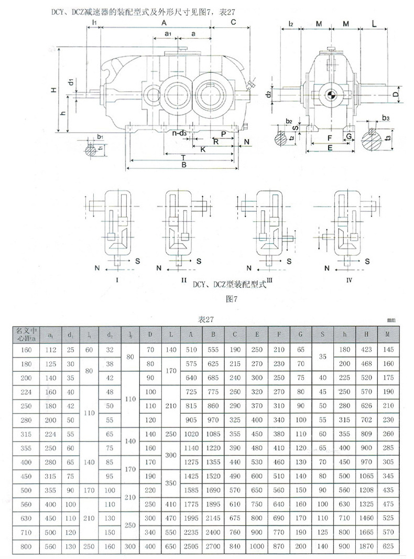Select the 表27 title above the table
205,319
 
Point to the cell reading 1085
213,434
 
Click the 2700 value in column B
213,546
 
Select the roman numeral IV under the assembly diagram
349,281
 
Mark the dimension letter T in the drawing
182,157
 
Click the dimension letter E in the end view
329,148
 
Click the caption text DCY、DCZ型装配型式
230,285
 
